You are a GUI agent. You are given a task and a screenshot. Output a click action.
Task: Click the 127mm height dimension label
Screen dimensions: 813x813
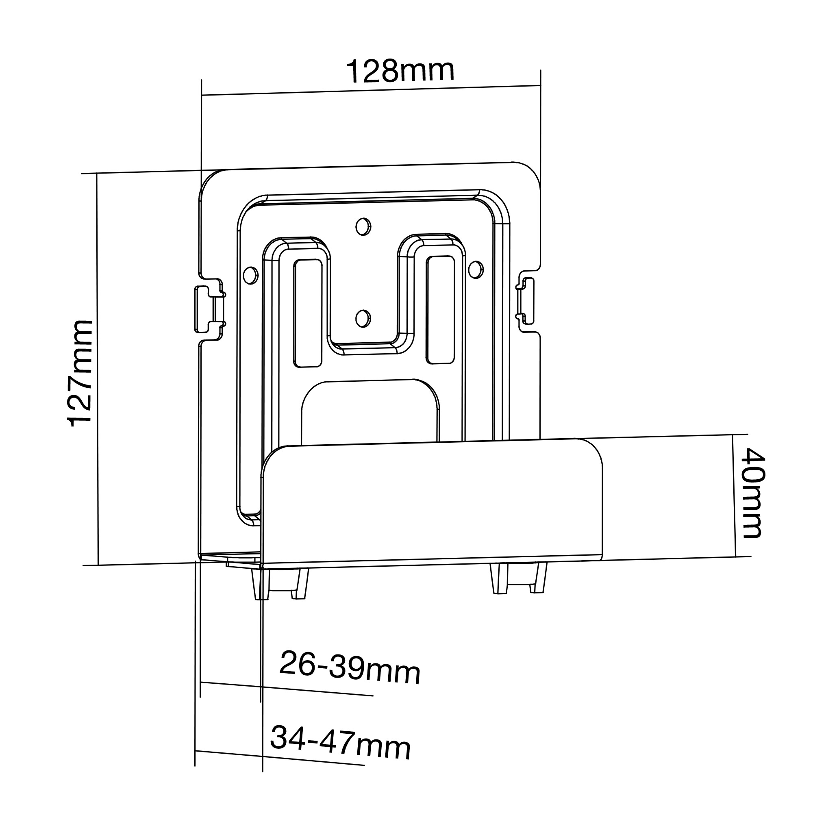point(80,374)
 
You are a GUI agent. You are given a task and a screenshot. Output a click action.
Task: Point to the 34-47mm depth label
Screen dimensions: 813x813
point(340,743)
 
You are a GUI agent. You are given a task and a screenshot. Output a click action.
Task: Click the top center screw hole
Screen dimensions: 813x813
point(363,227)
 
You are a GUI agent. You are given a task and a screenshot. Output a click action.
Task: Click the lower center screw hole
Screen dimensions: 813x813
point(362,319)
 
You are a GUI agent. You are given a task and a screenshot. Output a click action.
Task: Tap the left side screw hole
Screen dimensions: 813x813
point(250,275)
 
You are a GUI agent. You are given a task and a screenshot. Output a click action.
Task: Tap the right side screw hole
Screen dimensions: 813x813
point(476,270)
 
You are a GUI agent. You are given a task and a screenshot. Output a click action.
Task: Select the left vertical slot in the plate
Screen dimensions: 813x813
point(308,313)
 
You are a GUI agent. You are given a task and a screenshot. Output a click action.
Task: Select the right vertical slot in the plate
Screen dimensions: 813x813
point(440,310)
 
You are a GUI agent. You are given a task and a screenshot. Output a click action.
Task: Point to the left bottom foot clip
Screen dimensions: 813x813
point(279,584)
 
